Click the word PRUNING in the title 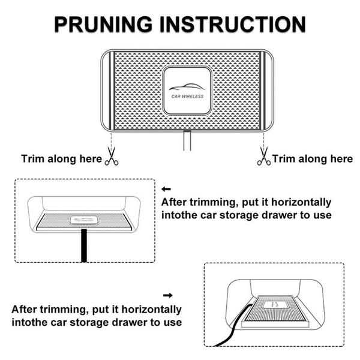[103, 24]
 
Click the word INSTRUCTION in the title [233, 24]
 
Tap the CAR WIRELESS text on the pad [187, 97]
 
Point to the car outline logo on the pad [187, 87]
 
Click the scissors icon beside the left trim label [112, 157]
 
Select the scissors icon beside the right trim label [264, 157]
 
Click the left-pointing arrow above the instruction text [166, 189]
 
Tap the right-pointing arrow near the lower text [168, 295]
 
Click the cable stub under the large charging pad [187, 140]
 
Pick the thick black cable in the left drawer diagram [84, 245]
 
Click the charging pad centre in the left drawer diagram [84, 220]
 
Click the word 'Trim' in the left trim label [33, 159]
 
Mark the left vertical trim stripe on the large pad [112, 91]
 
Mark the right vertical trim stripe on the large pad [263, 91]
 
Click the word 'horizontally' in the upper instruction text [301, 203]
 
